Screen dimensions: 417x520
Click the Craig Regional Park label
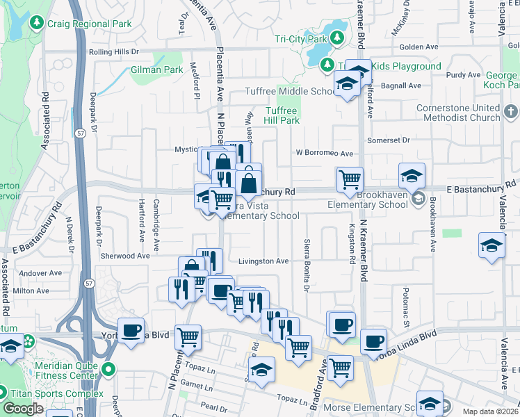(89, 24)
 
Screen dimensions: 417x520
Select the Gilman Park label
(156, 70)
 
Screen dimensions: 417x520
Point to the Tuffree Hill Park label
(282, 115)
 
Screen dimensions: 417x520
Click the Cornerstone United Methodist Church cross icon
(510, 111)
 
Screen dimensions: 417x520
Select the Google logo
(23, 409)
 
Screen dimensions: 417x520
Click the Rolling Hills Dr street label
(114, 51)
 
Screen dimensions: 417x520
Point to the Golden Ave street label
(419, 47)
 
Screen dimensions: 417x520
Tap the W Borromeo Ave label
(325, 153)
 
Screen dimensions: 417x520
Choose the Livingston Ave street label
(263, 261)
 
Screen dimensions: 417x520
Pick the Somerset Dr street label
(407, 140)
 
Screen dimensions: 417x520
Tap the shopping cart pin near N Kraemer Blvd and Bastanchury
(350, 179)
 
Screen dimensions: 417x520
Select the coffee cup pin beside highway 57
(131, 330)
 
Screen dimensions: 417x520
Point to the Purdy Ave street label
(464, 75)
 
